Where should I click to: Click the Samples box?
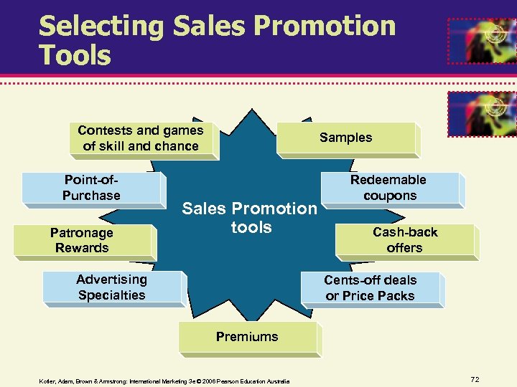[x=346, y=138]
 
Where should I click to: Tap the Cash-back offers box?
[x=405, y=240]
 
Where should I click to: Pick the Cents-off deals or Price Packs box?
[x=371, y=288]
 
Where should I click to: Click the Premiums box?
[x=247, y=337]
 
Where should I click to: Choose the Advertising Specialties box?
[x=112, y=287]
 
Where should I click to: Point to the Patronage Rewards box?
[x=82, y=241]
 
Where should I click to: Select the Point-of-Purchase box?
[x=91, y=188]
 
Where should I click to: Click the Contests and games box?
[x=141, y=138]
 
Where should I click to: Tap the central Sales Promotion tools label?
[x=249, y=218]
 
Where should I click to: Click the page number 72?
[x=475, y=378]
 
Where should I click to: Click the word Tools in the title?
[x=75, y=55]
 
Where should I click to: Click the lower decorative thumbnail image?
[x=481, y=113]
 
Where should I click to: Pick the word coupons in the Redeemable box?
[x=390, y=196]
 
